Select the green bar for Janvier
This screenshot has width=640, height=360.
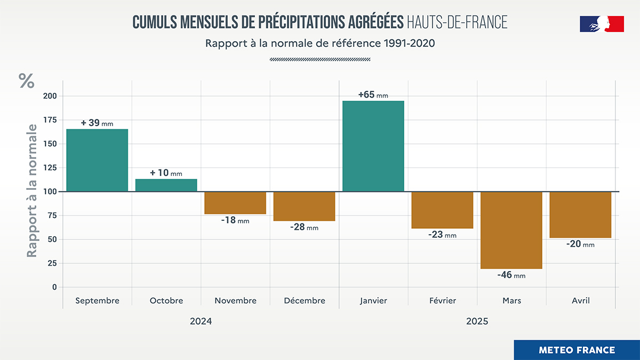coord(373,146)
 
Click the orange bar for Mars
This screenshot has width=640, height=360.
coord(511,230)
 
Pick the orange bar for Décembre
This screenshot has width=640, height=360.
coord(304,206)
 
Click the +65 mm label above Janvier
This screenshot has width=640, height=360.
coord(373,95)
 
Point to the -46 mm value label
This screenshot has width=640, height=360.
coord(511,275)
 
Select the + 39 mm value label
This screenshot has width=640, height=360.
coord(97,123)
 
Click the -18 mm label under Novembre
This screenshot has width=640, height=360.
coord(235,220)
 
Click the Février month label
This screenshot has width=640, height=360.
coord(442,301)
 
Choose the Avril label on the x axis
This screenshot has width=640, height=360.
coord(580,301)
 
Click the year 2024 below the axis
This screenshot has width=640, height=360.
coord(201,322)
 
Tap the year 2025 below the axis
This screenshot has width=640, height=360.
coord(477,322)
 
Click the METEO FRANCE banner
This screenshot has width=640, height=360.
coord(577,350)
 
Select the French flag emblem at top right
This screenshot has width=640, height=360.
coord(602,24)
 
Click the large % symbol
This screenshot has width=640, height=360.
coord(27,81)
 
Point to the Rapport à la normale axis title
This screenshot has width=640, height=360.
coord(33,191)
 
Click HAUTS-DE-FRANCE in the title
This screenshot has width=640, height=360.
coord(457,22)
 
